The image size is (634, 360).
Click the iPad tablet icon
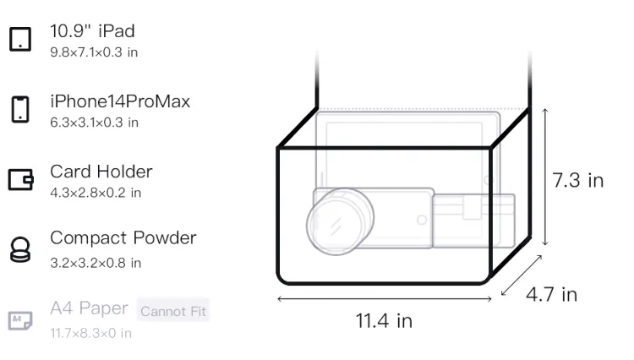(20, 39)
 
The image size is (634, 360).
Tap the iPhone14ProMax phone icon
(20, 109)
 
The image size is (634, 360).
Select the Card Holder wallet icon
(20, 179)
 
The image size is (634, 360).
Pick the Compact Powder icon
(19, 249)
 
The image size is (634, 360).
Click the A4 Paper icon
(20, 320)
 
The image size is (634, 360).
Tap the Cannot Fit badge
(173, 311)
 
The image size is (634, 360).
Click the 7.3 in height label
(578, 180)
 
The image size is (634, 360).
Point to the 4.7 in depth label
(551, 295)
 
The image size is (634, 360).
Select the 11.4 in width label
(384, 321)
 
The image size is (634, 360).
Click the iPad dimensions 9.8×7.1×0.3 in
(94, 52)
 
